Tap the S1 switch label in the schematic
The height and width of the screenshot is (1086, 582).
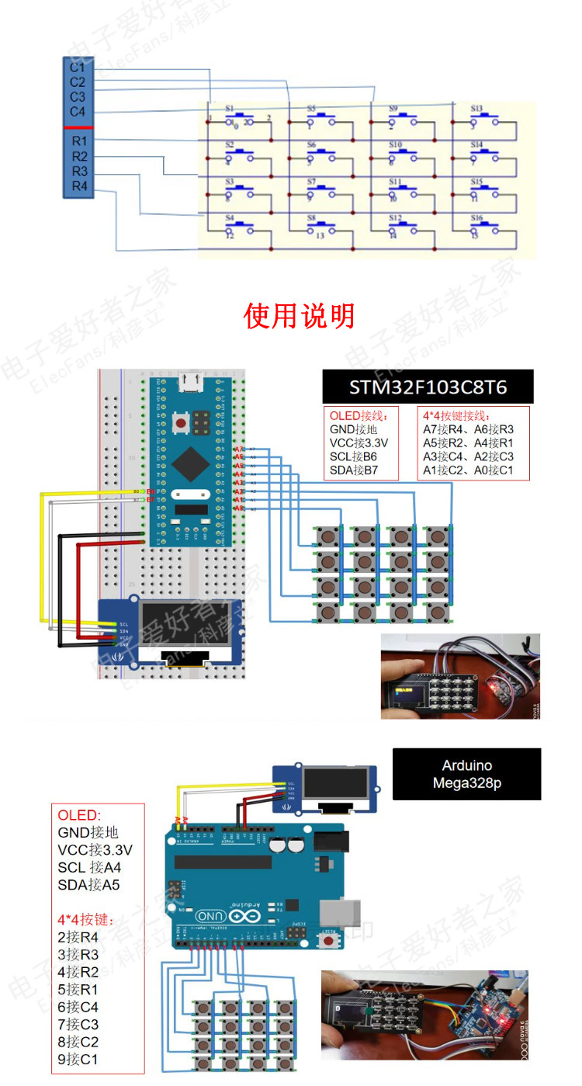click(x=230, y=109)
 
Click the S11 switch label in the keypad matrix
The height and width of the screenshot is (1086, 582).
click(x=395, y=182)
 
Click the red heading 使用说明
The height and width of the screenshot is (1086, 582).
click(x=299, y=316)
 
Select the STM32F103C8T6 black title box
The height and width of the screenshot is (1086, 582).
click(x=428, y=386)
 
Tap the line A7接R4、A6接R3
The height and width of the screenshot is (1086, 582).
click(x=468, y=429)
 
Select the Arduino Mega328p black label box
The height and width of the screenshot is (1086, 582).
click(x=466, y=774)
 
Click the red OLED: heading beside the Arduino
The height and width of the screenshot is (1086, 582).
click(x=79, y=815)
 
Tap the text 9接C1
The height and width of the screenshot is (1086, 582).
click(x=78, y=1059)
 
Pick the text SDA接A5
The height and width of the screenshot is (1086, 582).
click(x=88, y=885)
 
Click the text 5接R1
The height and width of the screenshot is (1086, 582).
click(x=78, y=990)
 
